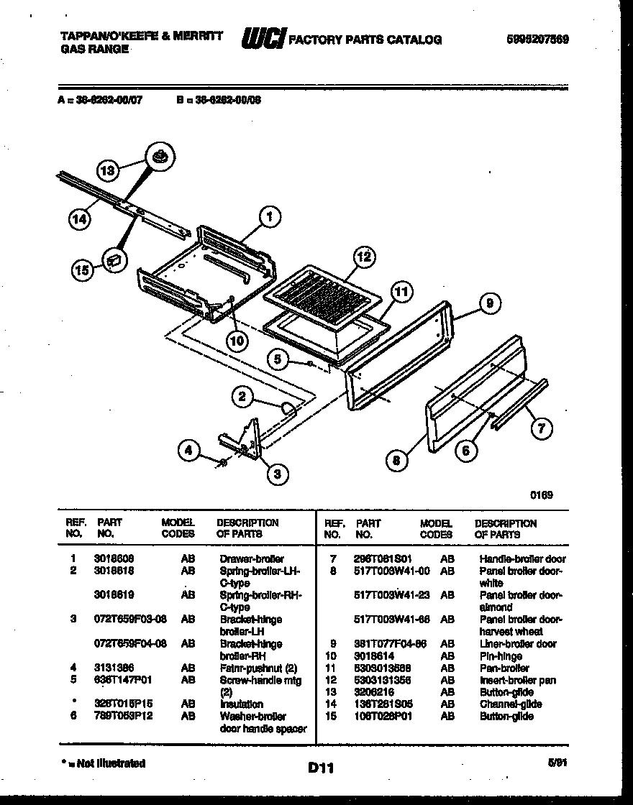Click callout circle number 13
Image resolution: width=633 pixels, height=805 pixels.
107,171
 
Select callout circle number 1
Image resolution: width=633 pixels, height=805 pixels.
270,216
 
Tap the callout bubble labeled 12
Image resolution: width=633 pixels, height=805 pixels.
365,257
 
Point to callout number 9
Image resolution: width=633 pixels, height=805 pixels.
489,304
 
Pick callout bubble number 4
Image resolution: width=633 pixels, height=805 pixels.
189,451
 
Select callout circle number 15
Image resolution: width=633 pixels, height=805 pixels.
83,270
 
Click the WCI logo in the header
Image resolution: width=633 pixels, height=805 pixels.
264,39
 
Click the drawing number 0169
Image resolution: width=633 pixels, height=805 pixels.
541,494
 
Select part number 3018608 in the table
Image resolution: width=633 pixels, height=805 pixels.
114,558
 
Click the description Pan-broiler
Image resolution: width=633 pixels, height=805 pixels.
504,668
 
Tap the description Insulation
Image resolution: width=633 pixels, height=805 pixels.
241,704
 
